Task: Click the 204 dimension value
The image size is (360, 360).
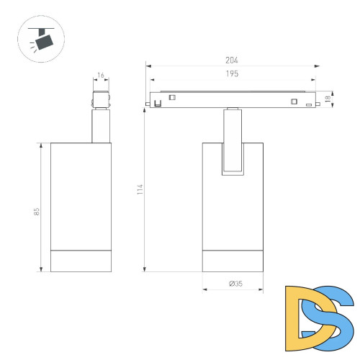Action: (x=232, y=60)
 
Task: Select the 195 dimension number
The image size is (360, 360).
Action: (x=232, y=74)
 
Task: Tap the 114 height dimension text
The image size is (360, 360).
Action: (x=141, y=189)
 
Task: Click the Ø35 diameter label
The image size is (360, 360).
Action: (x=235, y=284)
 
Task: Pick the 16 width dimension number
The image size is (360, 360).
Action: (x=101, y=75)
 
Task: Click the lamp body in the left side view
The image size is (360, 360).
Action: (x=81, y=194)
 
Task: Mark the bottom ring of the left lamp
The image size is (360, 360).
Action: (x=81, y=261)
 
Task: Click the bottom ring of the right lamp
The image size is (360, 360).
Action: (x=233, y=261)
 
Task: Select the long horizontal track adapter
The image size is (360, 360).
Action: (x=232, y=99)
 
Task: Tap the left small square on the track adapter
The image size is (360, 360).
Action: (x=172, y=97)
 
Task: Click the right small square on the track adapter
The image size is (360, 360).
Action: (x=293, y=101)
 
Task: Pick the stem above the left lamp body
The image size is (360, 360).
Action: (x=101, y=126)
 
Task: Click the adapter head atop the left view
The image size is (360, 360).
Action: (x=101, y=99)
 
